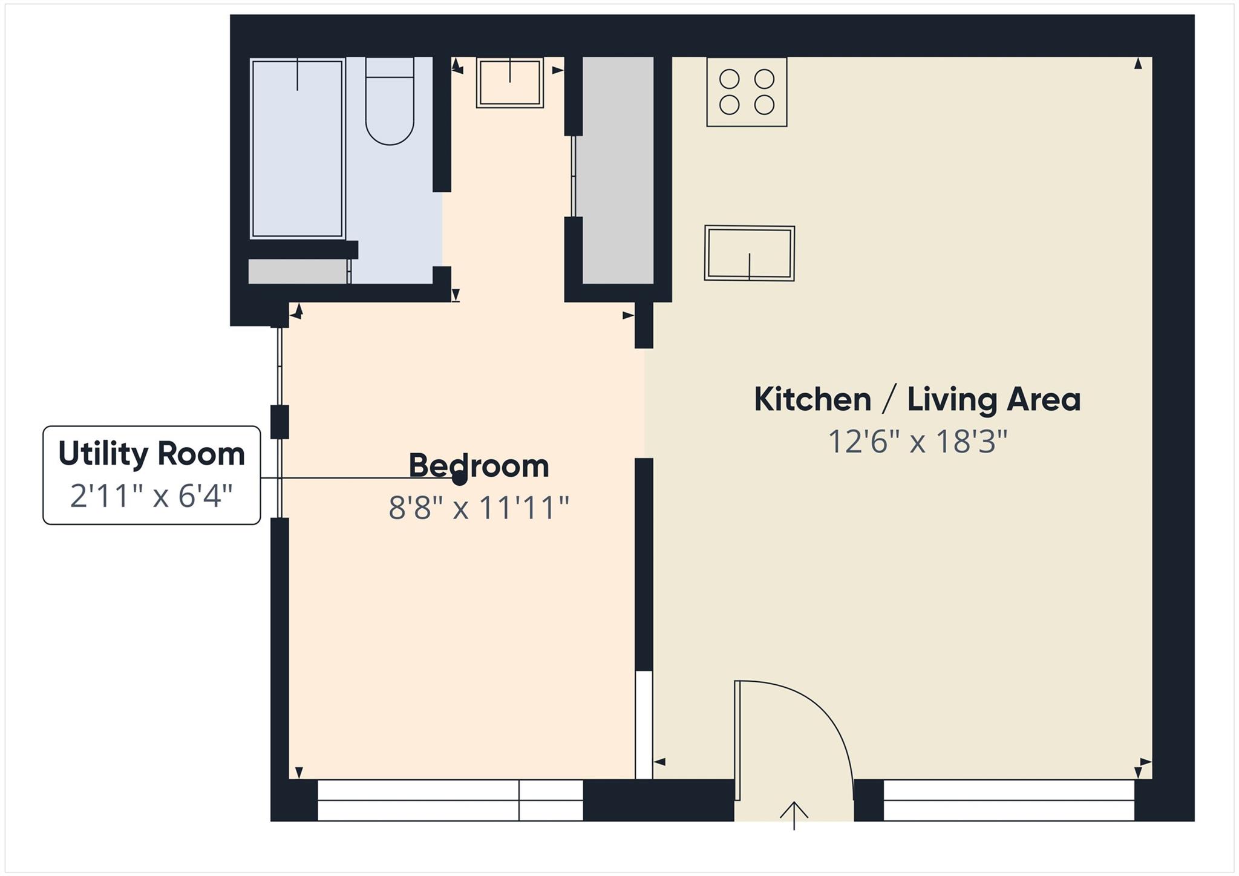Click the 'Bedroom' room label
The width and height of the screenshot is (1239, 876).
[x=479, y=466]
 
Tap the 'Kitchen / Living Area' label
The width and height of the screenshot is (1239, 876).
[x=917, y=400]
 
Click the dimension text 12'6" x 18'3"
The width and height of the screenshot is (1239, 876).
[x=917, y=442]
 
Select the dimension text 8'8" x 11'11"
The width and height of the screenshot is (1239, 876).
[x=479, y=508]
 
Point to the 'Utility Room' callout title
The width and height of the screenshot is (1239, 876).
[x=151, y=454]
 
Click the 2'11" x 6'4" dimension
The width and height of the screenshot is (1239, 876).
[x=151, y=497]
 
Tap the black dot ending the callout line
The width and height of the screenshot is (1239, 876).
[x=460, y=479]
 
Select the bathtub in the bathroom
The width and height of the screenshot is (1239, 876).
[x=297, y=148]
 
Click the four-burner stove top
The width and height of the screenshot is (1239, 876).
[x=747, y=92]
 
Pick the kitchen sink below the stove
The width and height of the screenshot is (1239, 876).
[x=749, y=253]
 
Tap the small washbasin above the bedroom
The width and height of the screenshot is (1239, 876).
[x=509, y=83]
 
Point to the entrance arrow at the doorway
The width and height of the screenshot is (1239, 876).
[x=794, y=814]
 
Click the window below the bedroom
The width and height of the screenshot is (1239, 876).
[x=450, y=800]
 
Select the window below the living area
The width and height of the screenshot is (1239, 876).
[x=1009, y=800]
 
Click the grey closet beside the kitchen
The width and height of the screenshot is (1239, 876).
[x=618, y=169]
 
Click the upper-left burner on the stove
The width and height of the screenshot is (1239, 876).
[x=730, y=79]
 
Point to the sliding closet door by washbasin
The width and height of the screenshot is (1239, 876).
[x=573, y=175]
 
